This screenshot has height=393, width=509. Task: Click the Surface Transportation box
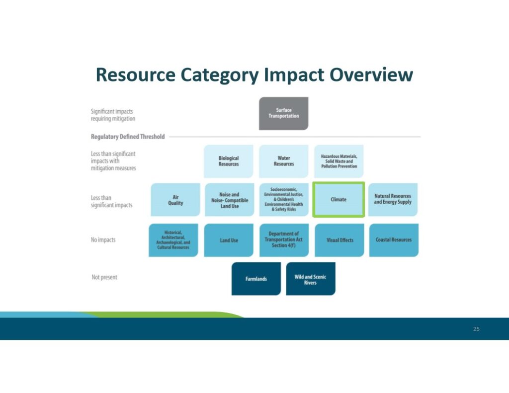click(x=283, y=113)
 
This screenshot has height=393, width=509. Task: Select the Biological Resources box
click(x=229, y=161)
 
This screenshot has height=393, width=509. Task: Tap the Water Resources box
click(x=284, y=161)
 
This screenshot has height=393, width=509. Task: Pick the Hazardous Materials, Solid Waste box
click(x=339, y=161)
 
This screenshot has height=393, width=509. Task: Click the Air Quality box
click(x=175, y=200)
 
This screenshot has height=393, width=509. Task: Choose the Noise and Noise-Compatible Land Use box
click(x=229, y=200)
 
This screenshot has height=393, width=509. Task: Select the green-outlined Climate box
click(x=339, y=200)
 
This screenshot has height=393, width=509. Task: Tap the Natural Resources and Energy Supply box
click(x=393, y=200)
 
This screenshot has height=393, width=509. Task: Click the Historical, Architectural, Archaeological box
click(x=173, y=240)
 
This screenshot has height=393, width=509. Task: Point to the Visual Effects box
click(x=340, y=240)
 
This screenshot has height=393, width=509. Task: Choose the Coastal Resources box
click(x=394, y=240)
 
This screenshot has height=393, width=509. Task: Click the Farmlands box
click(x=256, y=279)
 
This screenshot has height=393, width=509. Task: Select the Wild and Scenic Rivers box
click(x=311, y=279)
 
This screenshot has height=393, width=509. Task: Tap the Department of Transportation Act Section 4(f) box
click(x=284, y=240)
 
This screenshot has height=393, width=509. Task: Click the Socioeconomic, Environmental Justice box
click(x=284, y=200)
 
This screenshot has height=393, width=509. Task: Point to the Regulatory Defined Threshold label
click(x=128, y=137)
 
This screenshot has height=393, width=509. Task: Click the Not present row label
click(x=104, y=277)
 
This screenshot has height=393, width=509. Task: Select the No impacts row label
click(x=103, y=240)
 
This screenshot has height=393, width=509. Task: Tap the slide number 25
click(x=476, y=329)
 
